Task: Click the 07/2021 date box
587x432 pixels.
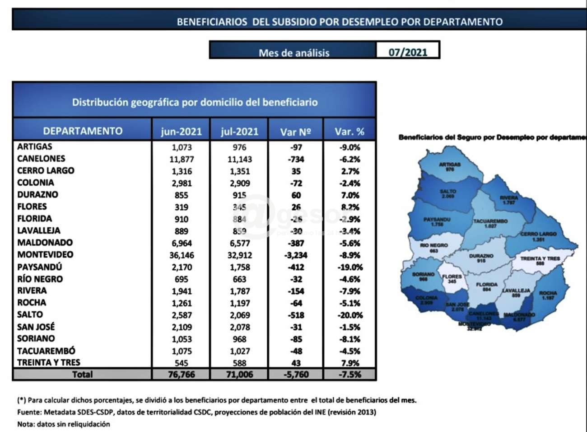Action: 408,52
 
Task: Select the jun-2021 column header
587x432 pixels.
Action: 181,131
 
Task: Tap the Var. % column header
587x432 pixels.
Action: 349,131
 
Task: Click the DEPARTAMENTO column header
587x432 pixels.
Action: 83,131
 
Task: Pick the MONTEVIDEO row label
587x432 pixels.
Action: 45,254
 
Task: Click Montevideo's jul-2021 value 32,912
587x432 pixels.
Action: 239,255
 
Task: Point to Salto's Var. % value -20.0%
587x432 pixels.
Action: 350,315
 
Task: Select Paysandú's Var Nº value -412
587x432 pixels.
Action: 296,267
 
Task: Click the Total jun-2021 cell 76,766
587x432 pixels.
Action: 181,375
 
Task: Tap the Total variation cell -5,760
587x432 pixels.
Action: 296,375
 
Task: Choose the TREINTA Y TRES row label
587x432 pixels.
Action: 49,362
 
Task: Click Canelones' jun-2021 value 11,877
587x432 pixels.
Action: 182,159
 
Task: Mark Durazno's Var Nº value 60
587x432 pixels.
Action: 296,195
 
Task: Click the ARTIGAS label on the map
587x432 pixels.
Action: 449,164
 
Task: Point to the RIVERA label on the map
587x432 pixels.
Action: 508,198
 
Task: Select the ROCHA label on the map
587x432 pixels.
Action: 548,293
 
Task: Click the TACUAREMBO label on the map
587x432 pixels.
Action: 490,221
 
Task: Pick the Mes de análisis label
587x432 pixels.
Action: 294,52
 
